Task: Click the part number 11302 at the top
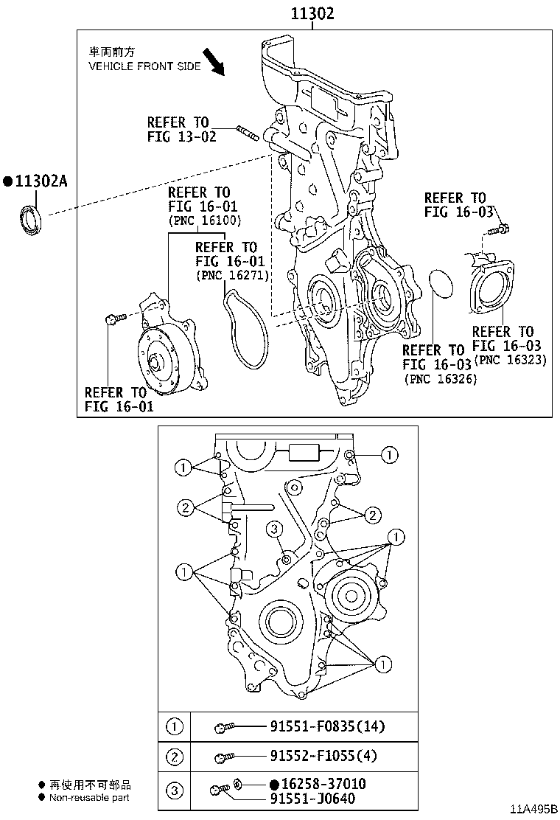pyautogui.click(x=312, y=13)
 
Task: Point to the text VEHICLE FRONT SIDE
pyautogui.click(x=144, y=66)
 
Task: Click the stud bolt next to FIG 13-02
pyautogui.click(x=248, y=133)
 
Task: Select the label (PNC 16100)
pyautogui.click(x=205, y=220)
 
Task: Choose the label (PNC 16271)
pyautogui.click(x=232, y=275)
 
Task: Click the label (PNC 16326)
pyautogui.click(x=441, y=378)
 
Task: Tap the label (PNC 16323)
pyautogui.click(x=510, y=360)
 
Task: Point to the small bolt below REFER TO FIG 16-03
pyautogui.click(x=498, y=229)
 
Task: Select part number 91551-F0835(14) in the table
pyautogui.click(x=327, y=726)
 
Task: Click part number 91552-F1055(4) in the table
pyautogui.click(x=323, y=756)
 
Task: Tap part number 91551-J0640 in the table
pyautogui.click(x=312, y=799)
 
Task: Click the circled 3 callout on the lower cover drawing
pyautogui.click(x=274, y=529)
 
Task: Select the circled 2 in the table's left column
pyautogui.click(x=175, y=757)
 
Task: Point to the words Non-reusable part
pyautogui.click(x=89, y=798)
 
